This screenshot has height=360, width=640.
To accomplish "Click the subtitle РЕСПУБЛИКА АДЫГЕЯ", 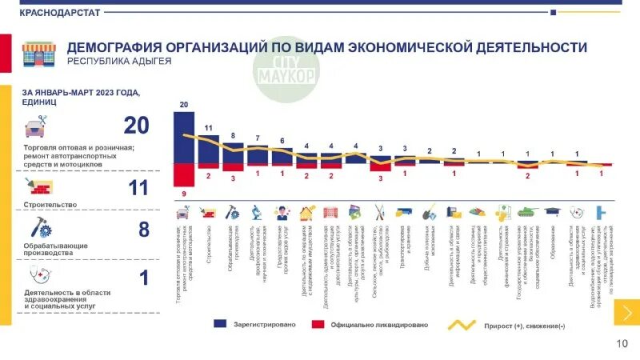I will (119, 62).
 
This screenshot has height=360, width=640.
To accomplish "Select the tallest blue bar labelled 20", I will (184, 137).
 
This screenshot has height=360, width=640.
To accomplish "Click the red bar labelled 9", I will (184, 174).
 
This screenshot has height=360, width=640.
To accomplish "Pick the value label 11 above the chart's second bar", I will (208, 128).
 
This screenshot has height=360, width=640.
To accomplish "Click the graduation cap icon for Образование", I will (552, 212).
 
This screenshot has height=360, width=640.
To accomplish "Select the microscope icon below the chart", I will (258, 213).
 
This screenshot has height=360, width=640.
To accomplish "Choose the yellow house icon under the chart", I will (307, 213).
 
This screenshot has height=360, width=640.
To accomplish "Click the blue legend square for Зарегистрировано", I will (220, 325).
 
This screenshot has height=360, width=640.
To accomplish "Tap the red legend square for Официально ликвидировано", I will (318, 325).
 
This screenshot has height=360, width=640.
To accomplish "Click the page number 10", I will (622, 344).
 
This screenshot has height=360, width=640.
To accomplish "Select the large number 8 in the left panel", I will (144, 230).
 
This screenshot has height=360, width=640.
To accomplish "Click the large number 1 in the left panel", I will (144, 278).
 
